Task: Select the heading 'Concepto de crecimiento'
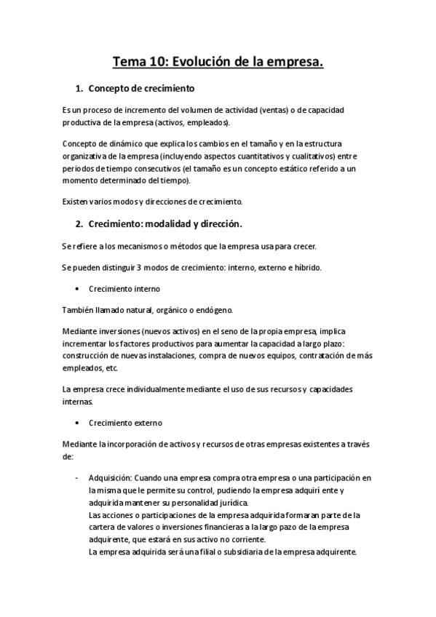coord(141,89)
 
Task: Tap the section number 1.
coord(79,89)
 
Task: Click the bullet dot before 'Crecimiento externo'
coord(77,423)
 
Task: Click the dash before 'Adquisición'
coord(76,478)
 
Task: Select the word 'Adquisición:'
coord(110,478)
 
